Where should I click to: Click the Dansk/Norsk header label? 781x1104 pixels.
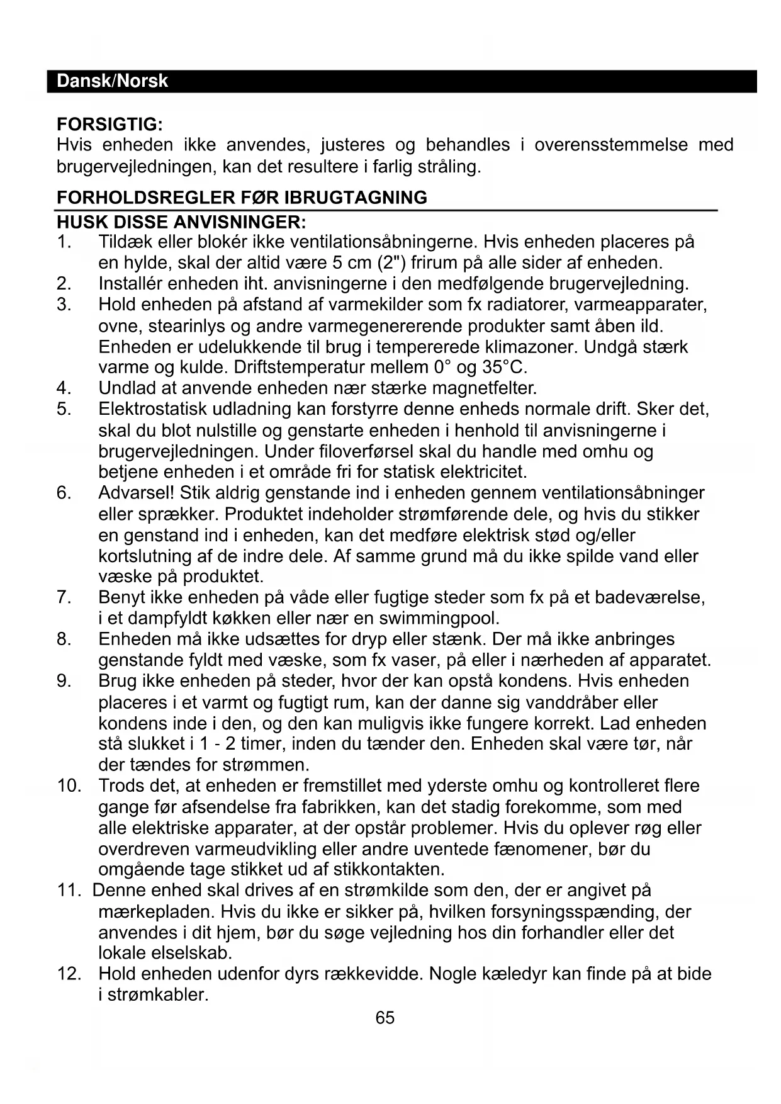112,81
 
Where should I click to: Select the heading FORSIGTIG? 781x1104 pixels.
110,123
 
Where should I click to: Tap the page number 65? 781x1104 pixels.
385,1018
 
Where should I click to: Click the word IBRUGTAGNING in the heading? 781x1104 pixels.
356,198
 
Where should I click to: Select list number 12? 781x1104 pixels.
69,974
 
